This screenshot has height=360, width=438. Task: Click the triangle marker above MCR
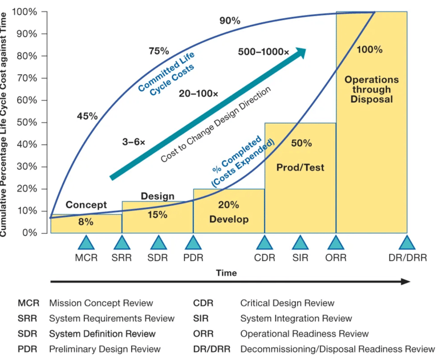coord(86,243)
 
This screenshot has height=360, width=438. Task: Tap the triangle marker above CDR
coord(264,243)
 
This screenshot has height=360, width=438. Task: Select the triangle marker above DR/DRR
coord(407,243)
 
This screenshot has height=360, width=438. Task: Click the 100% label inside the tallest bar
coord(369,50)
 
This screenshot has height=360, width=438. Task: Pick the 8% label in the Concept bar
coord(86,223)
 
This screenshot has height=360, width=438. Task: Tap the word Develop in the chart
coord(229,219)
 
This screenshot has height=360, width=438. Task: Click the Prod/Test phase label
coord(300,167)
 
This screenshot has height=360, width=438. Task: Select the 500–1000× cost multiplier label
coord(263,52)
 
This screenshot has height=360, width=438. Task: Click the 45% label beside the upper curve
coord(87,116)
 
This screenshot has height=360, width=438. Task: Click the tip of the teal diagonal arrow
coord(306,50)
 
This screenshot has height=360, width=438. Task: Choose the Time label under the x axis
coord(226,273)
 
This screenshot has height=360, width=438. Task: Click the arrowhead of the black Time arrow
coord(406,281)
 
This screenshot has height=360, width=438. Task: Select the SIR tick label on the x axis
coord(300,258)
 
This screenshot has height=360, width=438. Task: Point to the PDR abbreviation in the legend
coord(27,349)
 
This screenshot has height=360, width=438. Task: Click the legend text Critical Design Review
coord(287,303)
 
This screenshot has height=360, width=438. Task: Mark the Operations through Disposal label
coord(372,90)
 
